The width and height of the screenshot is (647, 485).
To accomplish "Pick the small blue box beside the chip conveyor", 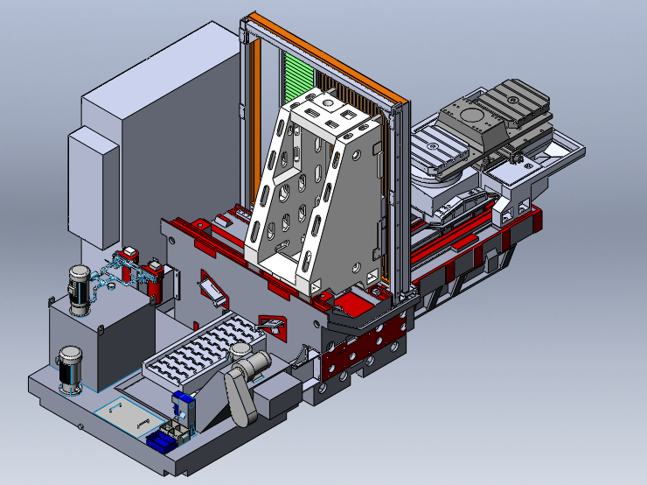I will click(182, 402).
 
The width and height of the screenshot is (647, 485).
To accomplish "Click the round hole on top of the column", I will click(326, 103).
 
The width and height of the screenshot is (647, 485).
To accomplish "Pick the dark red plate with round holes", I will click(358, 355).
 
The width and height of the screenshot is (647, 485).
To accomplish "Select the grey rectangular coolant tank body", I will click(101, 341).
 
